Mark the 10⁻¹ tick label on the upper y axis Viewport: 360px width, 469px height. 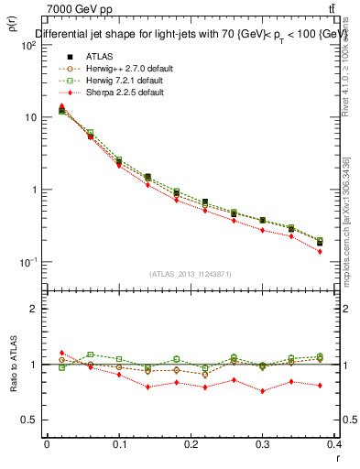(x=27, y=262)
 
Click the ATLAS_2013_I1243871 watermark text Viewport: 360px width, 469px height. (x=191, y=274)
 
